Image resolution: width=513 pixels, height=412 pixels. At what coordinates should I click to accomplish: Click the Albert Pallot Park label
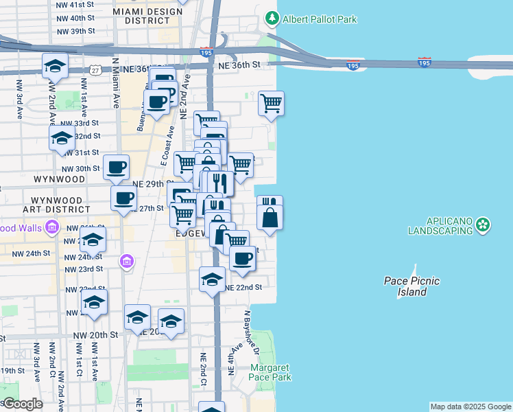point(320,19)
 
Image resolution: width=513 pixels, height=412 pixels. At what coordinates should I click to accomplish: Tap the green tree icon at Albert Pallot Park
point(273,19)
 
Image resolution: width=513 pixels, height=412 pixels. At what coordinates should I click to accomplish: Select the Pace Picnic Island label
point(411,286)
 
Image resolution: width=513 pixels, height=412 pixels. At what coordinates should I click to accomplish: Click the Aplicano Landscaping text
point(440,226)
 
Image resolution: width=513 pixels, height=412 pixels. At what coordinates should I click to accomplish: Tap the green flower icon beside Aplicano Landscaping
point(484,224)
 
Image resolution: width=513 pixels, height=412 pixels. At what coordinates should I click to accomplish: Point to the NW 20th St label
point(95,334)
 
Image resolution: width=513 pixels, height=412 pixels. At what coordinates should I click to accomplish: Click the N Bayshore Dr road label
point(250,332)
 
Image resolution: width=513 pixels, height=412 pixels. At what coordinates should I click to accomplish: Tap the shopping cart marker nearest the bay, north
point(271,104)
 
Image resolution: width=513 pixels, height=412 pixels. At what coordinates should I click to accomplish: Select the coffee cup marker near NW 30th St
point(116,167)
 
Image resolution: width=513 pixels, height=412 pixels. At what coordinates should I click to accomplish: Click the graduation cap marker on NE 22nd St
point(212,279)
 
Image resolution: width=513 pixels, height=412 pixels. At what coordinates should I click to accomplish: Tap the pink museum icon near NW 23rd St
point(125,261)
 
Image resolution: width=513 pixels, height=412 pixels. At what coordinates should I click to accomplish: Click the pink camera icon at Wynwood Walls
point(51,227)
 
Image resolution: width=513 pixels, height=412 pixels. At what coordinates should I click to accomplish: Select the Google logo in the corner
point(22,404)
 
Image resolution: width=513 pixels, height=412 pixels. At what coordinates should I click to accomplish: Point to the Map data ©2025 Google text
point(470,407)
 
